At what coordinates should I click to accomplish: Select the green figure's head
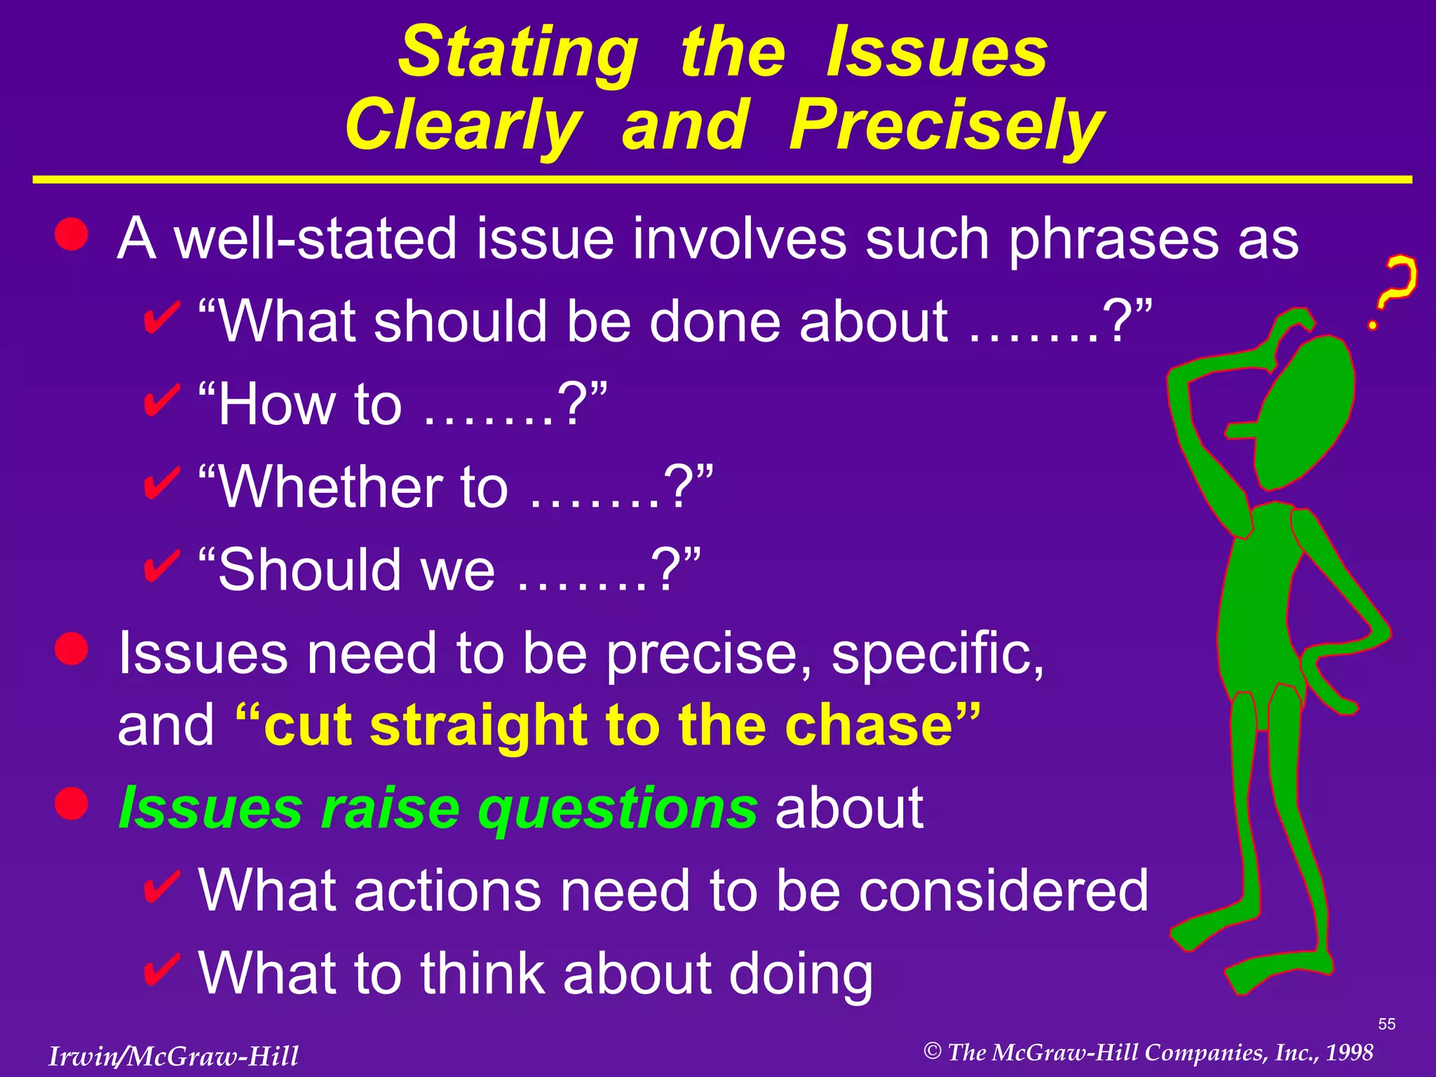tap(1304, 414)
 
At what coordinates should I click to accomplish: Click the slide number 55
tap(1386, 1024)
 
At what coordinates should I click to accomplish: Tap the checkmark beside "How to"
tap(162, 402)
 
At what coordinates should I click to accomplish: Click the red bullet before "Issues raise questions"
tap(72, 804)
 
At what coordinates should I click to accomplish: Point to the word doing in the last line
tap(801, 975)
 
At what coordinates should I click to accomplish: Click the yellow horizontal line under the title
tap(722, 180)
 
